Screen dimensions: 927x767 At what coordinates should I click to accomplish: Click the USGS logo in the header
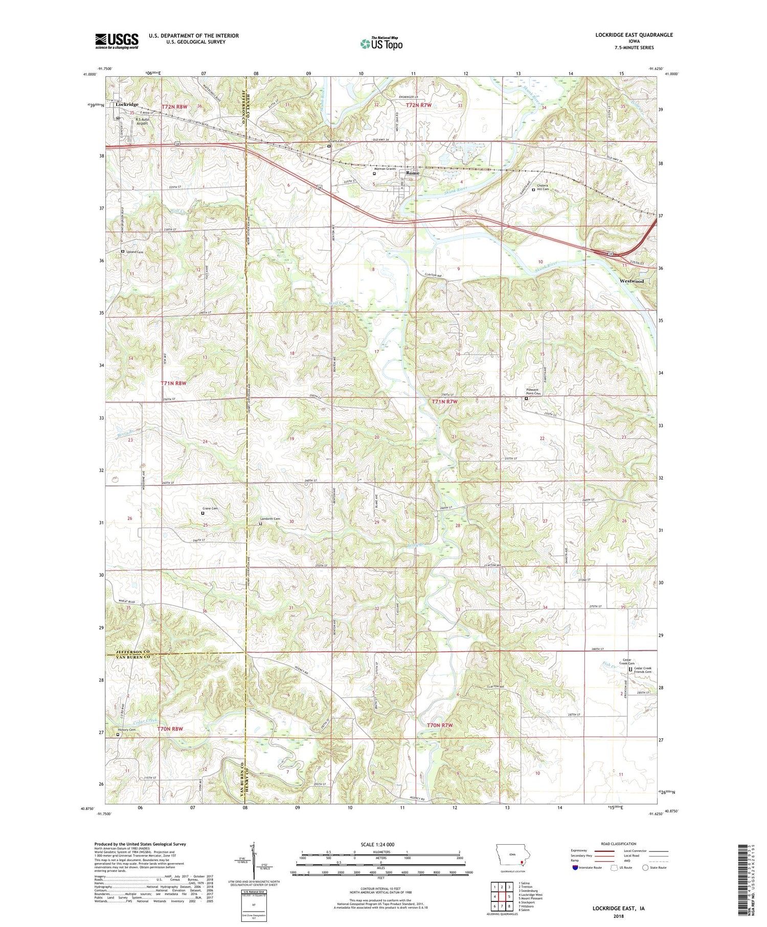click(x=117, y=41)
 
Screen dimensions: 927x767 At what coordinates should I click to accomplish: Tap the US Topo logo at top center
click(x=381, y=44)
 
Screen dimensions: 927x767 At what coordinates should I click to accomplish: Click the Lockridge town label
click(x=127, y=104)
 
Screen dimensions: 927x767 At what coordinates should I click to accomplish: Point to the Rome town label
click(x=412, y=173)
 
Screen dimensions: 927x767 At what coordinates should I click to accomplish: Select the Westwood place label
click(x=631, y=281)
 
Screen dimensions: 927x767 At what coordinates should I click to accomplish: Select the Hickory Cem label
click(x=126, y=730)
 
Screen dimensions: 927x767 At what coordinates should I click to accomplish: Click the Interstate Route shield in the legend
click(x=575, y=868)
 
